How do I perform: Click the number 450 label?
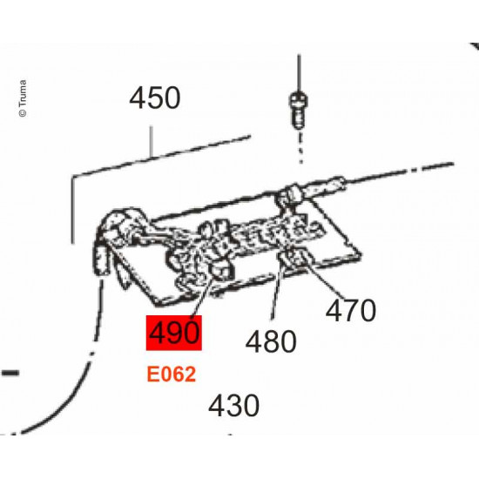(x=155, y=98)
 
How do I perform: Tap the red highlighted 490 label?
(x=174, y=334)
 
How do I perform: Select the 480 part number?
(x=270, y=341)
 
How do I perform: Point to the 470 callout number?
(x=351, y=310)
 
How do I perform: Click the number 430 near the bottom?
(x=233, y=406)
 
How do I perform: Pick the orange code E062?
(x=171, y=374)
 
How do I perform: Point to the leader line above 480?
(x=275, y=300)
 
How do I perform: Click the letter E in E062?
(x=152, y=374)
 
